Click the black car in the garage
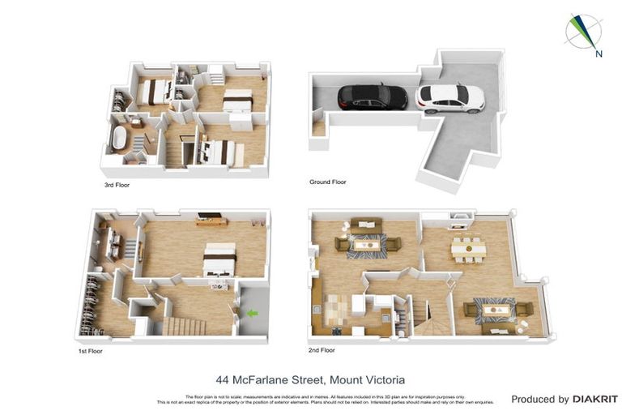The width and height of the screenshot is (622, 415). [372, 96]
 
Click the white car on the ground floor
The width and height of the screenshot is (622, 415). [449, 97]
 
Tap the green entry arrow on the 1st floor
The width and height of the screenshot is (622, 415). [252, 313]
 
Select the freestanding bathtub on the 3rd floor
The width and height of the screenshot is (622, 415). [118, 139]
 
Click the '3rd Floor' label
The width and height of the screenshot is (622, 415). [117, 185]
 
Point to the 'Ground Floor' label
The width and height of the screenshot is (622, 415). [327, 182]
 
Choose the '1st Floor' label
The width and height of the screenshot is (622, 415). [90, 351]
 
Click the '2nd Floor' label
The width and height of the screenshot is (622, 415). [322, 350]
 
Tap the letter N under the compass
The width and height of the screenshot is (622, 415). [599, 54]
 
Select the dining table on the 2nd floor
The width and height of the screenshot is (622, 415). [468, 248]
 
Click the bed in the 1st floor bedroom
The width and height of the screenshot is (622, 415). [219, 259]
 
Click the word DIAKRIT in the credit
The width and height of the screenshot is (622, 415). [595, 399]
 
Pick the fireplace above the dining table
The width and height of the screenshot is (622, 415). [459, 217]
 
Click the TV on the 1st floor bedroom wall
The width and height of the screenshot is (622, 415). [211, 216]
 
